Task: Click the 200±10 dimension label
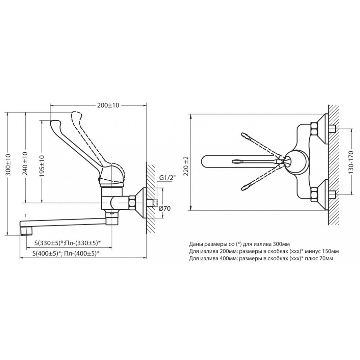click(x=108, y=105)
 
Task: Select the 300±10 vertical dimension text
click(x=8, y=165)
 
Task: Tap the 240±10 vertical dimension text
click(x=25, y=163)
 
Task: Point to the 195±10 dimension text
click(x=42, y=166)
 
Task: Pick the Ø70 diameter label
click(x=165, y=208)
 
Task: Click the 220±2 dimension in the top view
click(x=186, y=166)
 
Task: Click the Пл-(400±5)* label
click(x=82, y=253)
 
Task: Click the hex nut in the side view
click(x=133, y=202)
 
